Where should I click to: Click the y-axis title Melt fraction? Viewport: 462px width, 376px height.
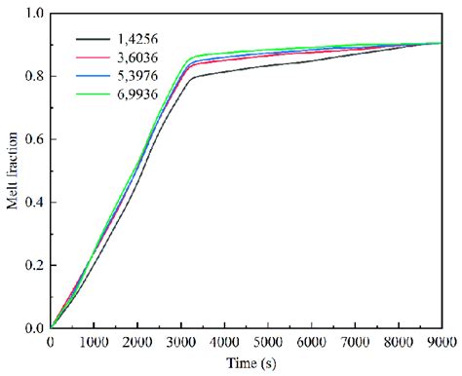click(x=12, y=171)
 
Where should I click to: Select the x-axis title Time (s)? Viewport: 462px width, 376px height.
click(x=246, y=362)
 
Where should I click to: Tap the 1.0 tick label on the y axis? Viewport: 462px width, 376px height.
click(x=35, y=14)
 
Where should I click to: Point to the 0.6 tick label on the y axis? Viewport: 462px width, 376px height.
click(x=35, y=139)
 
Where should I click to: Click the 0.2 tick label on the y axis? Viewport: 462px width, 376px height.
click(x=35, y=265)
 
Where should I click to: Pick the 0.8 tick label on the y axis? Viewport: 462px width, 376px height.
click(x=35, y=77)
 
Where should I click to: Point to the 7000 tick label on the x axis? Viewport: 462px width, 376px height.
click(x=355, y=342)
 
